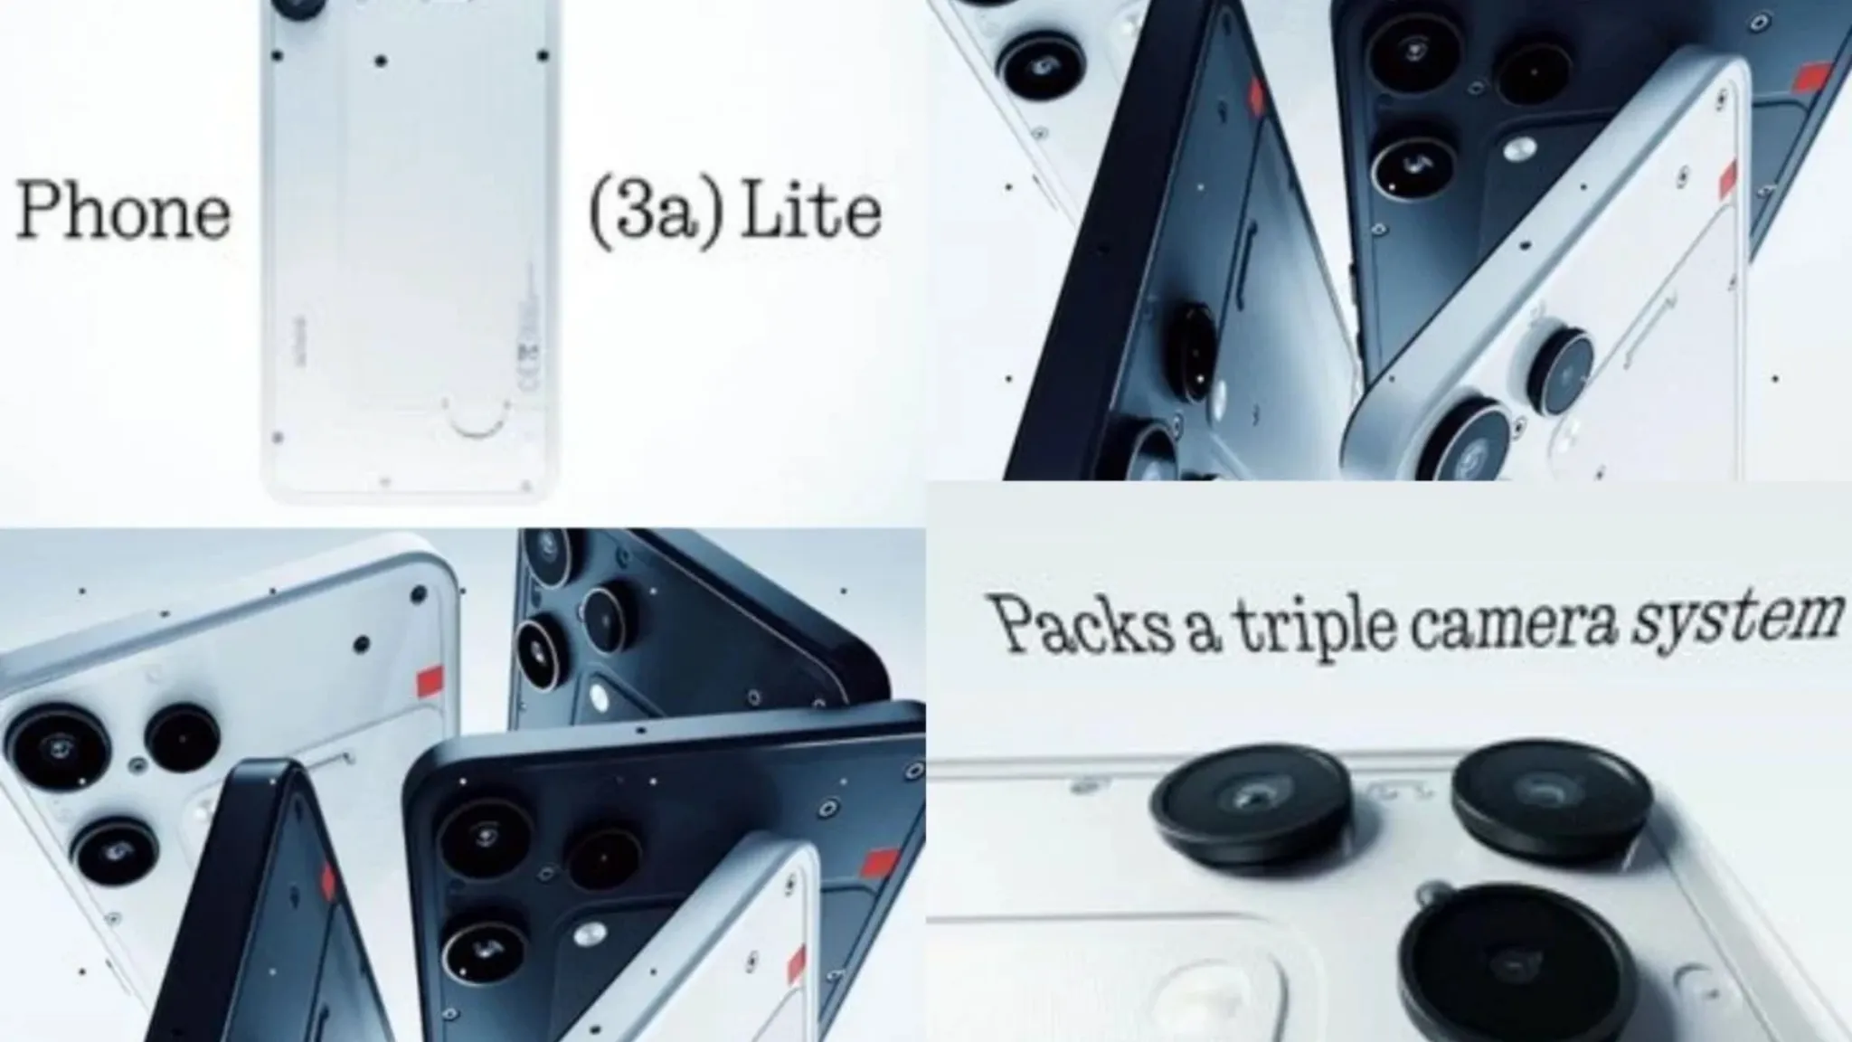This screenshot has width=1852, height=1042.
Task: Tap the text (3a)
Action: click(x=657, y=214)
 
